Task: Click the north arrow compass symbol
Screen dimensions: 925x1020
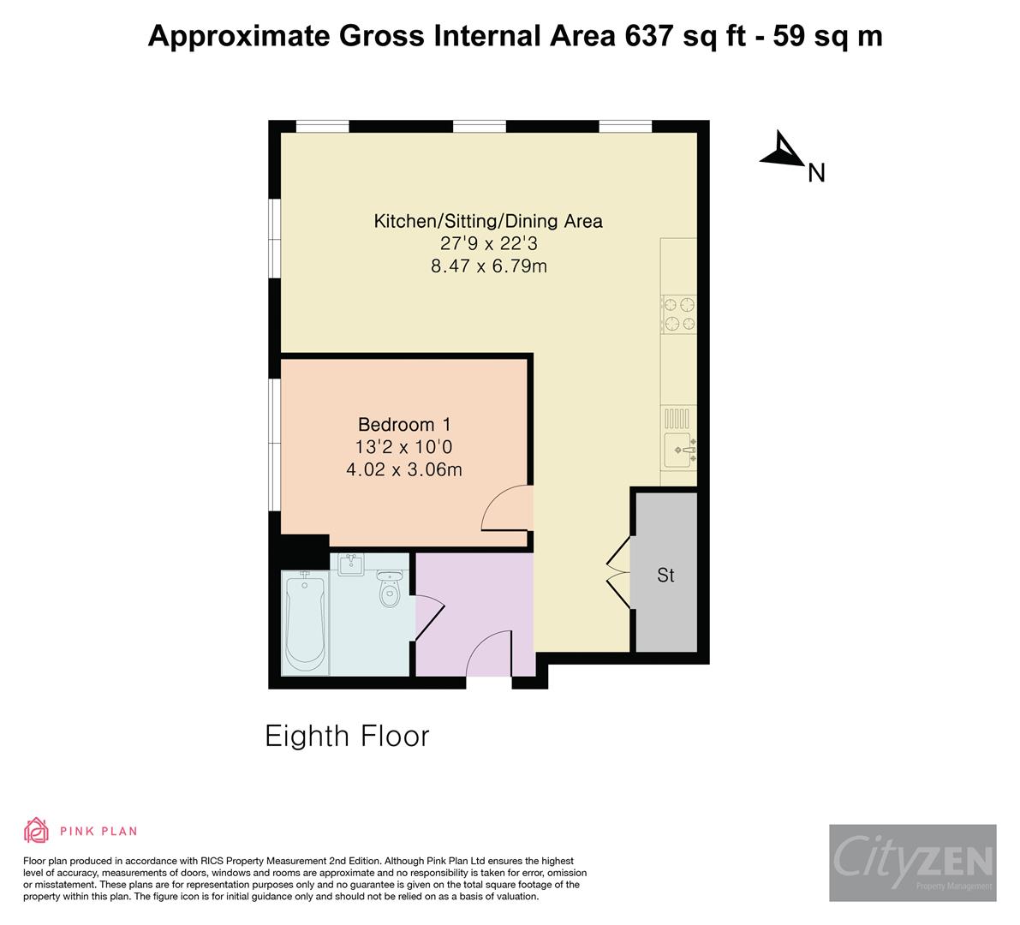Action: (781, 150)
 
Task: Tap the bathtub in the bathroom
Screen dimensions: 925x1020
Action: (304, 623)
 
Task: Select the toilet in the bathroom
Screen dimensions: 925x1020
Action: (390, 588)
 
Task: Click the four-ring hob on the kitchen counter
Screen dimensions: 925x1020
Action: (678, 313)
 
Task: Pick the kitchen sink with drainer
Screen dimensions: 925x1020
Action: (678, 437)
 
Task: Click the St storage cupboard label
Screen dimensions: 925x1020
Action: (665, 576)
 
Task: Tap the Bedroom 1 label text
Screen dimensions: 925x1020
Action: (404, 424)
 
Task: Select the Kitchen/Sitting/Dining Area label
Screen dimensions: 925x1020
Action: (488, 221)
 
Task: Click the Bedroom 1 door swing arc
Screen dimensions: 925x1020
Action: (508, 510)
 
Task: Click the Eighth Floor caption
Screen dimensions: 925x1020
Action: (347, 736)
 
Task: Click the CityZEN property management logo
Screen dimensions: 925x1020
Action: (912, 862)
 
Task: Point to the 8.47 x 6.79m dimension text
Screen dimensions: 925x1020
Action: (488, 266)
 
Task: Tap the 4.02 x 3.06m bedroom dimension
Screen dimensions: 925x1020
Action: (404, 469)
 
